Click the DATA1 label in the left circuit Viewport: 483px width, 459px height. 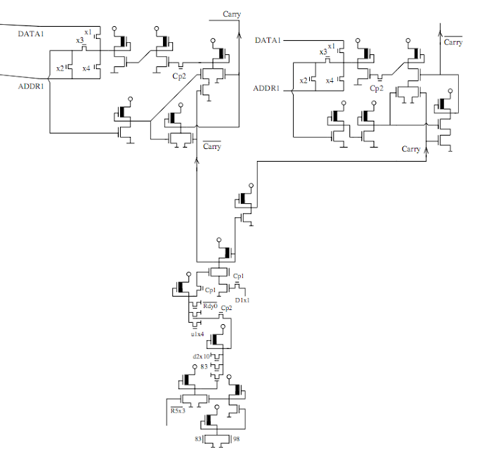pyautogui.click(x=32, y=34)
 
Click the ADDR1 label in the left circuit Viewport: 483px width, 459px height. pyautogui.click(x=31, y=85)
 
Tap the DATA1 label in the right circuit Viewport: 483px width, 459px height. pyautogui.click(x=268, y=41)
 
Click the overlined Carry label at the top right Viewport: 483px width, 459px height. pyautogui.click(x=453, y=42)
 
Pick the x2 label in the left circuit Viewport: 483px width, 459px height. pyautogui.click(x=60, y=68)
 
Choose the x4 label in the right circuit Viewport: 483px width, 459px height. pyautogui.click(x=329, y=81)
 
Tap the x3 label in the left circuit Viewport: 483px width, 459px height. pyautogui.click(x=80, y=40)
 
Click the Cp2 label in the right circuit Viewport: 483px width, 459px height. pyautogui.click(x=377, y=88)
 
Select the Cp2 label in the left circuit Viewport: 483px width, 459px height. pyautogui.click(x=179, y=76)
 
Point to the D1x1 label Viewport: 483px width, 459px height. pyautogui.click(x=242, y=300)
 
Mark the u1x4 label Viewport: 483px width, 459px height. pyautogui.click(x=197, y=334)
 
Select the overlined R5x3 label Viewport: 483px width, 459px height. pyautogui.click(x=178, y=410)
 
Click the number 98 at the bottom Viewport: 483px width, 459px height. pyautogui.click(x=236, y=439)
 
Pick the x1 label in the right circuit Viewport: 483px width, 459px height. pyautogui.click(x=331, y=46)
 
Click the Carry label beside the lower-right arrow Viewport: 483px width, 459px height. pyautogui.click(x=411, y=148)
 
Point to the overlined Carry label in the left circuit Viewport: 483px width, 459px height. pyautogui.click(x=212, y=146)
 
